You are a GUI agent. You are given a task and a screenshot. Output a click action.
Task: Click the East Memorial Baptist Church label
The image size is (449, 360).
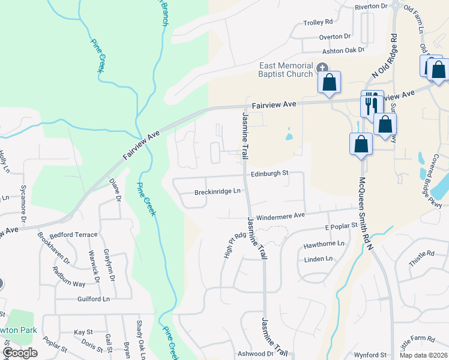tap(286, 70)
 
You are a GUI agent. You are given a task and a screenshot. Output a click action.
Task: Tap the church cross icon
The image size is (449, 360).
tap(322, 68)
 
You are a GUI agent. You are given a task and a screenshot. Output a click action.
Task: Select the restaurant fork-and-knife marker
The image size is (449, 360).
tap(371, 104)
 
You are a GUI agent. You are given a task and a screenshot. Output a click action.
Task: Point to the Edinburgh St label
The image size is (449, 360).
tap(270, 173)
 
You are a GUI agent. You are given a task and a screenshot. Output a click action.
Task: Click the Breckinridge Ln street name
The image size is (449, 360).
tap(217, 192)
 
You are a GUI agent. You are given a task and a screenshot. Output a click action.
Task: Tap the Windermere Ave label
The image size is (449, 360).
tap(281, 216)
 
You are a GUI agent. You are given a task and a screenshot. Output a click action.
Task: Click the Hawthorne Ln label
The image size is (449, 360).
tap(324, 244)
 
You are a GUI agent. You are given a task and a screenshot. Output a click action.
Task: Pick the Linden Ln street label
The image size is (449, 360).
tap(318, 259)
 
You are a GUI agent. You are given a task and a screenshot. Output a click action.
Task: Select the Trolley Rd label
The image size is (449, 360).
tap(318, 23)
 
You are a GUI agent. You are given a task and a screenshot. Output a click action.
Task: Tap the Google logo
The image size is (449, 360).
tap(20, 353)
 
